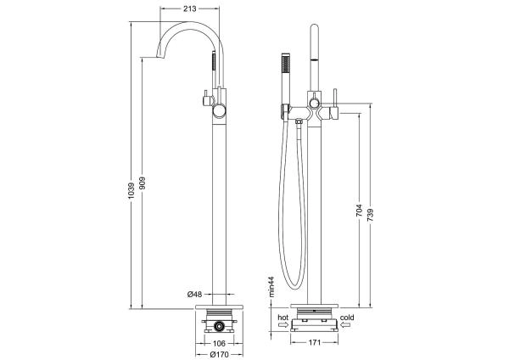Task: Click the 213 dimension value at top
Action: coord(191,9)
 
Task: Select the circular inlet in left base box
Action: coord(218,325)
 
